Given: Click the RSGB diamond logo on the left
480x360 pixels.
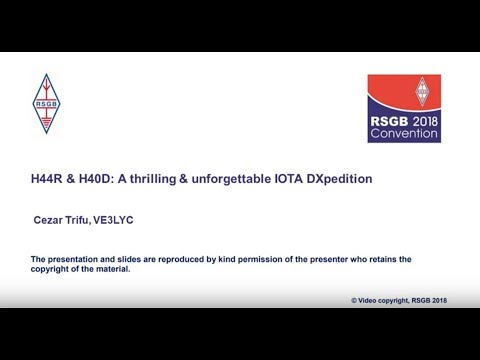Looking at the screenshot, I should pos(46,103).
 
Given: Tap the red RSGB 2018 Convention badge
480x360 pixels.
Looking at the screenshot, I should pos(404,108).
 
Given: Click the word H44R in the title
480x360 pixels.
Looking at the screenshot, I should pos(48,179).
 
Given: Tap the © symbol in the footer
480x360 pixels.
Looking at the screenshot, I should pos(354,299).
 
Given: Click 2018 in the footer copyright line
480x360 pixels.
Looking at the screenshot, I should pos(436,299).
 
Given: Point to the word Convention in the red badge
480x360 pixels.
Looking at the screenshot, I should pos(404,133).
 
